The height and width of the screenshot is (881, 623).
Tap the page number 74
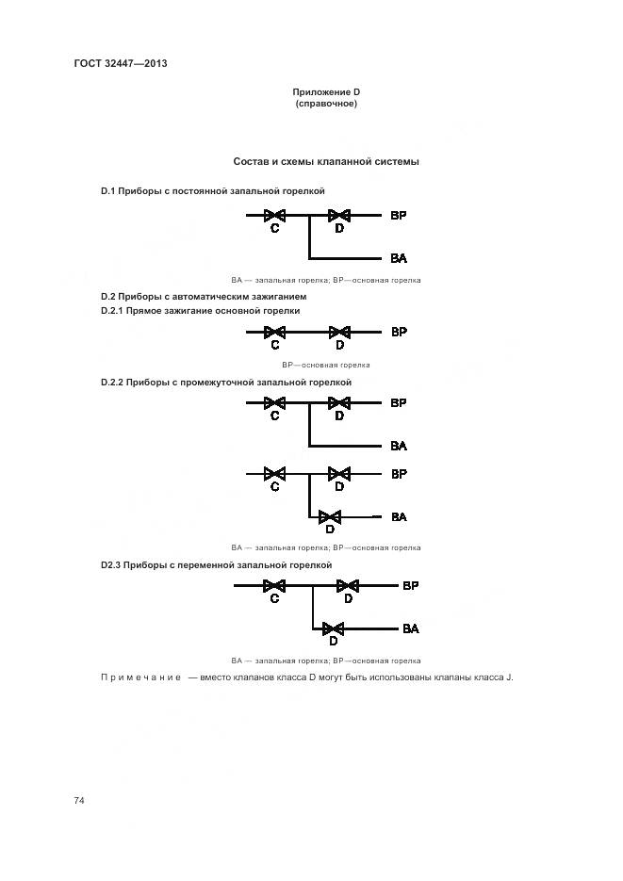[79, 800]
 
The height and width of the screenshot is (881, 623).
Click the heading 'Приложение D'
[326, 91]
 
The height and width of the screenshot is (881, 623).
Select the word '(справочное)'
[326, 104]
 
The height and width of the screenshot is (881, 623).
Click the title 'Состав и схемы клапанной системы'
[326, 161]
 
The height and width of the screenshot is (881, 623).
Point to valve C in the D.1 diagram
[274, 216]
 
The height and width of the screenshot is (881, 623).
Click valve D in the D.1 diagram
[338, 216]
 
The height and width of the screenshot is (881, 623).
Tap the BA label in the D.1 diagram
[399, 258]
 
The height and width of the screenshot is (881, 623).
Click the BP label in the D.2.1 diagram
[399, 332]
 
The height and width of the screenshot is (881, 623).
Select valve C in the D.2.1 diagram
[274, 332]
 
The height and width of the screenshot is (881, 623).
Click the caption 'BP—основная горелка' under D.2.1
[326, 365]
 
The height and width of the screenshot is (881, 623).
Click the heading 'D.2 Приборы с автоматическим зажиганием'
[204, 297]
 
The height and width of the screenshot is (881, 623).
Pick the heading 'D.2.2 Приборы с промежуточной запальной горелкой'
[226, 383]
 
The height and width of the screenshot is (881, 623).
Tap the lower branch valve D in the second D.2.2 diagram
[330, 516]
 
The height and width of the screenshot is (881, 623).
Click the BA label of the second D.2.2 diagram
[399, 516]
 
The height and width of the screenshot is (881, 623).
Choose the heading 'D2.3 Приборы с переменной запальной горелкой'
[217, 564]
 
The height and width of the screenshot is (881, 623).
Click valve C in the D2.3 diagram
[274, 586]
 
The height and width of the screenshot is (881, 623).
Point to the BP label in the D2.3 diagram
[411, 586]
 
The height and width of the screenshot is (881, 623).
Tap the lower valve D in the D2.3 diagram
[333, 628]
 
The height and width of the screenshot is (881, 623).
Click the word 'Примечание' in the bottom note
[140, 678]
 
